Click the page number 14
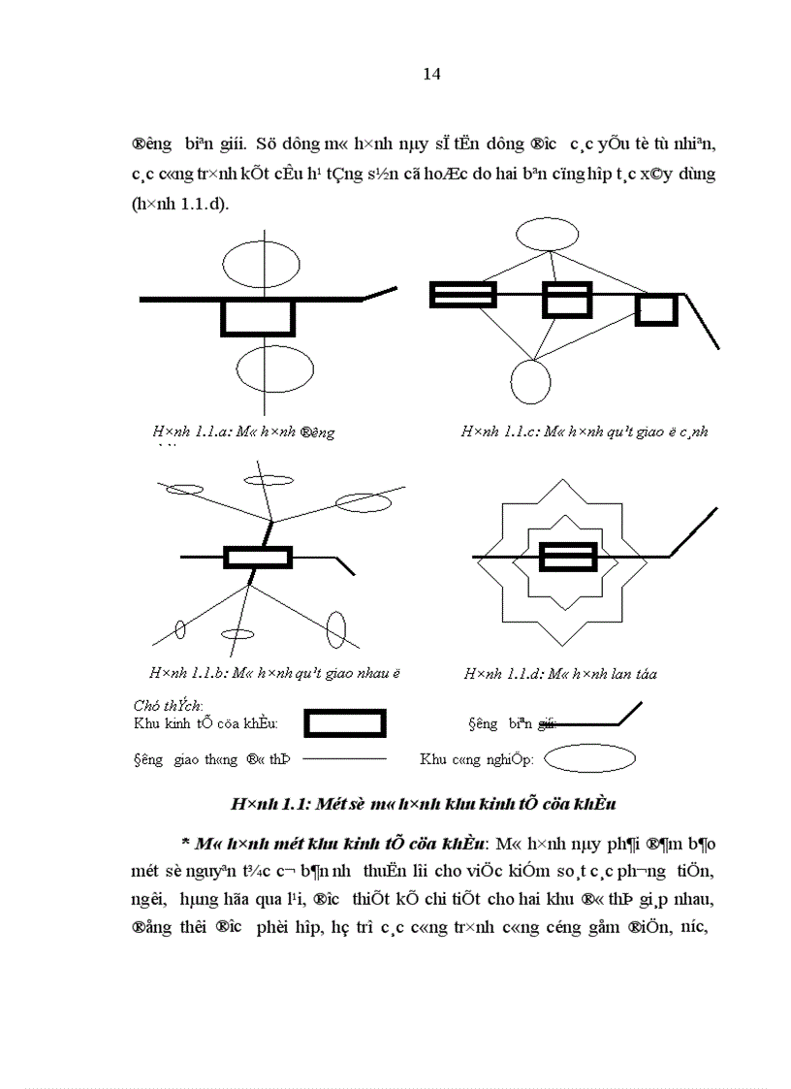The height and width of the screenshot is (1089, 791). [x=432, y=75]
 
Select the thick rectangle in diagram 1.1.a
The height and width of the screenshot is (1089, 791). [x=258, y=318]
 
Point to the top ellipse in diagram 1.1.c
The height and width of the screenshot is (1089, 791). [x=548, y=235]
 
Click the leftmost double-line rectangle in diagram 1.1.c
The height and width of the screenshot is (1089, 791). [x=463, y=295]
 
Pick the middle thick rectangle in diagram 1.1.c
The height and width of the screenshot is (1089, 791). [x=566, y=300]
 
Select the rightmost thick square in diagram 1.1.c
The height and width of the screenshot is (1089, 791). [x=656, y=309]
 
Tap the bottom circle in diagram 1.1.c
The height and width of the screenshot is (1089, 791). [x=530, y=381]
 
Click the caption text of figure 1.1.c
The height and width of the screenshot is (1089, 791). [x=584, y=432]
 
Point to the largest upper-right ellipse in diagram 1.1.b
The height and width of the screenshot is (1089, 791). [x=362, y=500]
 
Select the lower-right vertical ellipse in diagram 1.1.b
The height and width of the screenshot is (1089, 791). [x=336, y=627]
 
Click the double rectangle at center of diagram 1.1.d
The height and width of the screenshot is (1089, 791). [x=568, y=557]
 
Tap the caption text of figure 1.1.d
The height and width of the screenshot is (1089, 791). [x=560, y=674]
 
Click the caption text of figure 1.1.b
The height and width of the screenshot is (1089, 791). [x=274, y=672]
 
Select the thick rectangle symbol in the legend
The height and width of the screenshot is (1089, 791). [x=345, y=723]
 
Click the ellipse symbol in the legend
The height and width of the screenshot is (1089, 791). [x=589, y=759]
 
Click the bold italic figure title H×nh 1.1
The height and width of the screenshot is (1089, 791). [x=424, y=804]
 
